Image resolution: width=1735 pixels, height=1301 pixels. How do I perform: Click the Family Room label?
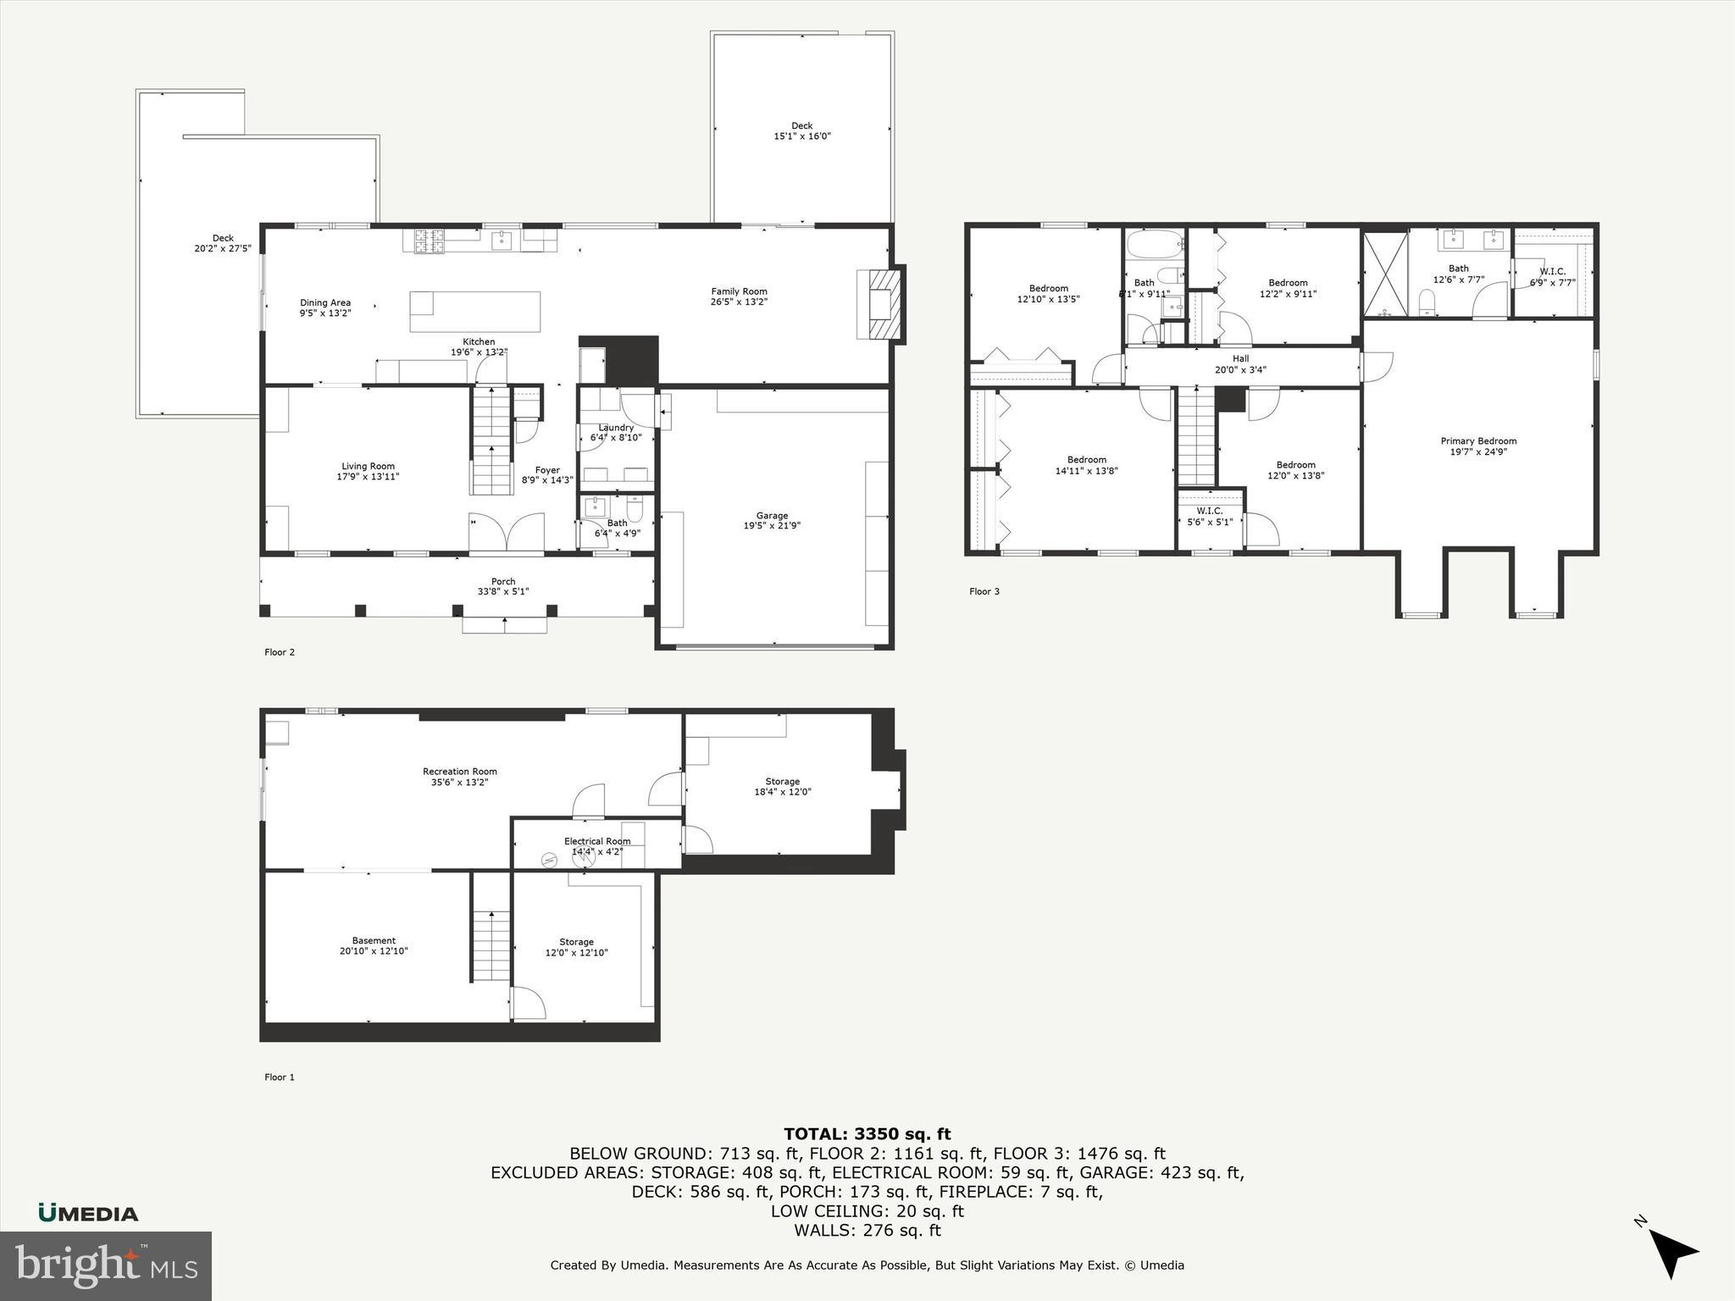[739, 291]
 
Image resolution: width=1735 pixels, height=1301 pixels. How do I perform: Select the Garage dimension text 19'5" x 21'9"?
[772, 525]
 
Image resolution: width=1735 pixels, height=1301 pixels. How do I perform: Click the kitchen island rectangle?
[474, 312]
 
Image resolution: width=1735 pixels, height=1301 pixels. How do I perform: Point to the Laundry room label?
[616, 428]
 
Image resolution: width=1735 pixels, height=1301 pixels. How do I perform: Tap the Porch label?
[503, 582]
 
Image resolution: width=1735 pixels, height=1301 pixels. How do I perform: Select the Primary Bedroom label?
[1478, 440]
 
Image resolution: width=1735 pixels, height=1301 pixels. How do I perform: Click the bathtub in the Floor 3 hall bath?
[1154, 245]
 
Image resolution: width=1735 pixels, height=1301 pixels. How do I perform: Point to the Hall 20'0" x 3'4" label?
[1240, 364]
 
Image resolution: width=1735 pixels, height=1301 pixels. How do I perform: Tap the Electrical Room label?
[597, 841]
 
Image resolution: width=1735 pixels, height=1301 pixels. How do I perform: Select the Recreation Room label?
[460, 771]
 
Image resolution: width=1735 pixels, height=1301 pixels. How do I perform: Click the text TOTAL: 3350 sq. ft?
[867, 1134]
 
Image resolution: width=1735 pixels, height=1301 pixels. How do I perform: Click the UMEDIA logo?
[88, 1213]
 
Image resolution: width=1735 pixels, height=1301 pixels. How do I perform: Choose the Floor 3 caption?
[984, 591]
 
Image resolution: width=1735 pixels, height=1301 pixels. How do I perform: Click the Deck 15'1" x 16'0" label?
[801, 130]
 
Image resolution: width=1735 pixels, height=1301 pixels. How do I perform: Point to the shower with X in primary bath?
[1384, 273]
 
